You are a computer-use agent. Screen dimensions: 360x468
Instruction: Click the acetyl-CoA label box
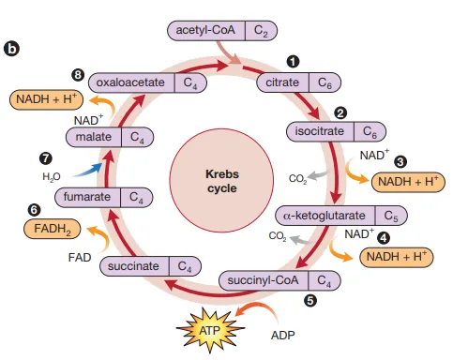pos(221,30)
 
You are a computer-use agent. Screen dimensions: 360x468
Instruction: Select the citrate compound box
pos(295,83)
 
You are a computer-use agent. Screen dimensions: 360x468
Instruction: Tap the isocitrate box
pos(333,130)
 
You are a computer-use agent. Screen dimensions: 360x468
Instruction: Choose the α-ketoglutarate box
pos(342,216)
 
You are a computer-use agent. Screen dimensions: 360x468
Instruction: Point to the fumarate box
pos(103,197)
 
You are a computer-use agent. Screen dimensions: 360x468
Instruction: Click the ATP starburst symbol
pos(207,329)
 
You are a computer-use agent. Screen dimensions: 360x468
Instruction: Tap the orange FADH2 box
pos(53,227)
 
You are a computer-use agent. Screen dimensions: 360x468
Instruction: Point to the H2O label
pos(52,175)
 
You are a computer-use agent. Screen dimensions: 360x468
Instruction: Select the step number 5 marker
pos(310,301)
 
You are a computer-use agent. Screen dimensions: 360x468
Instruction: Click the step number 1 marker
pos(293,61)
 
